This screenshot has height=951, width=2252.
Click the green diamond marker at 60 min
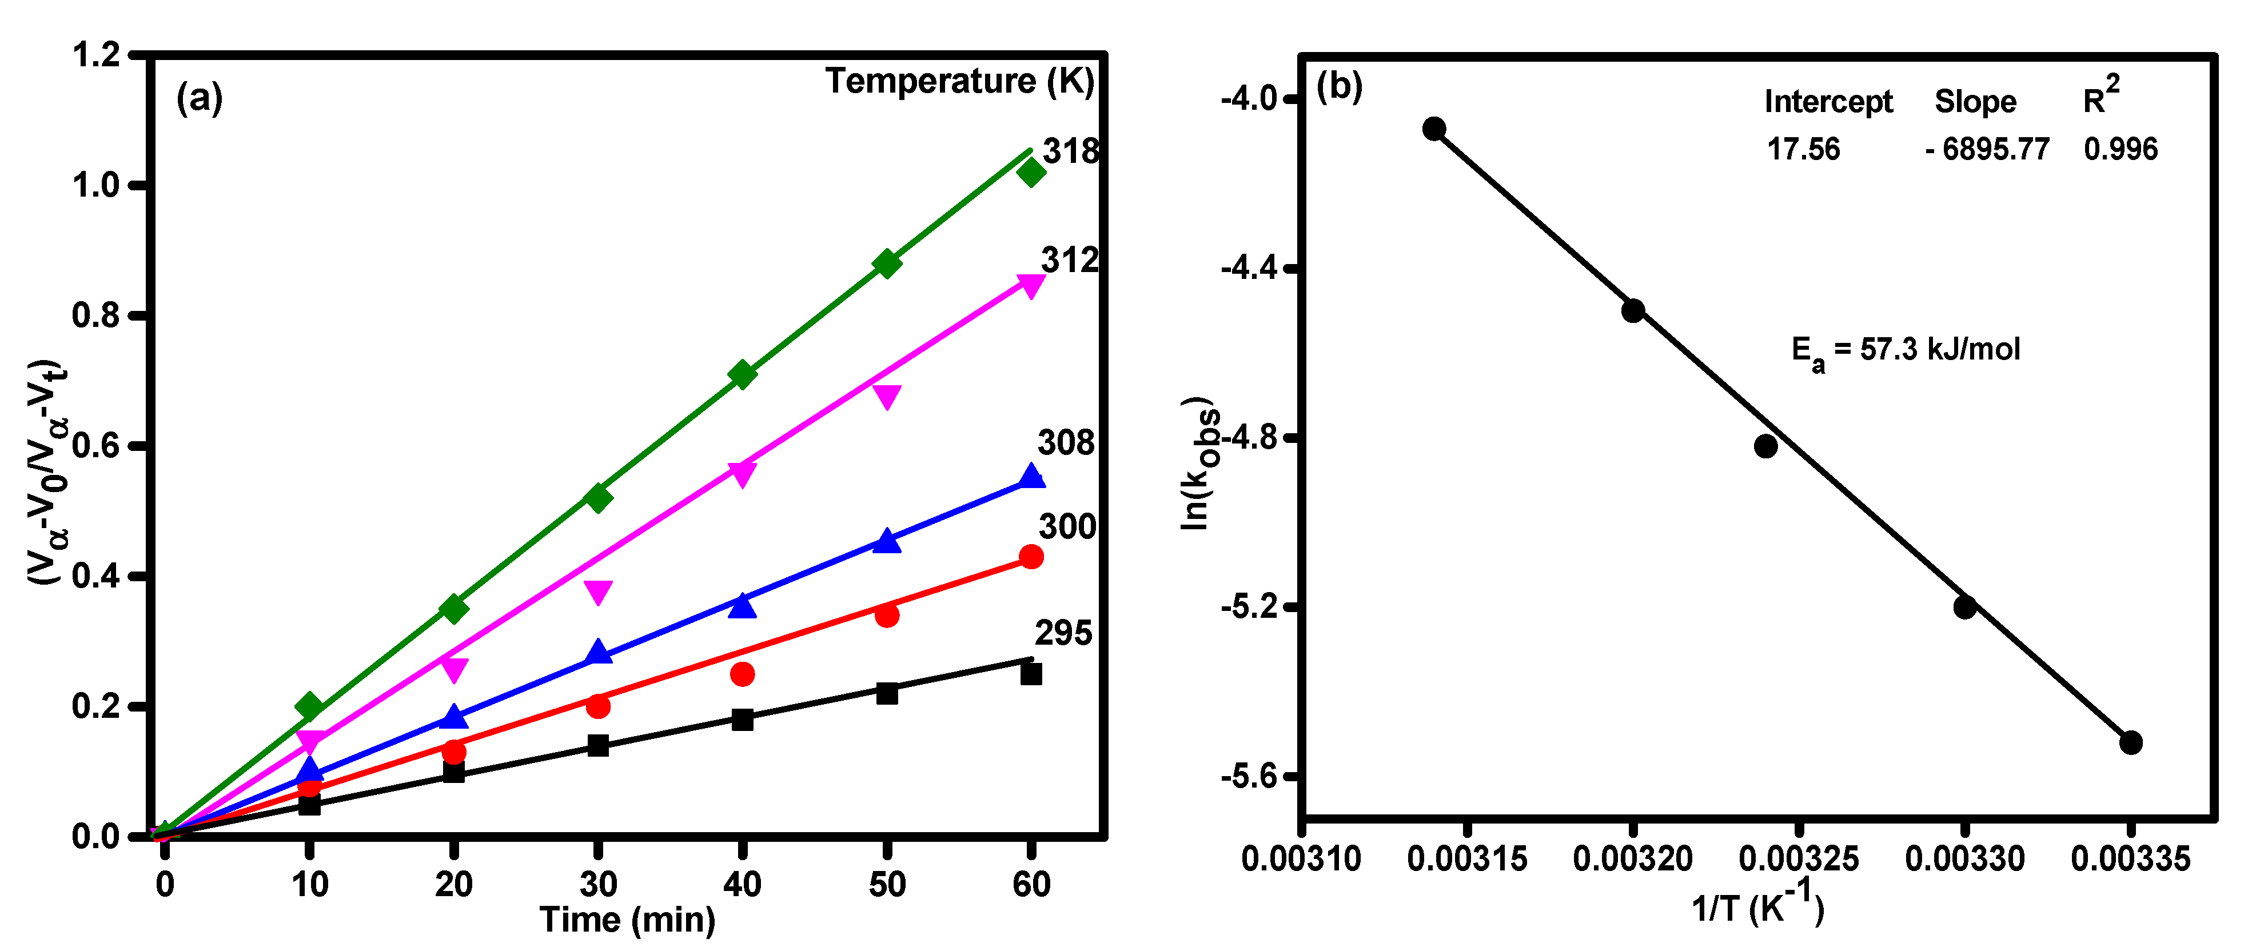[1031, 172]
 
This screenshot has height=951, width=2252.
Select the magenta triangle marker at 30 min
[598, 592]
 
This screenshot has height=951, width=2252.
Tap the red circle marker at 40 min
[742, 674]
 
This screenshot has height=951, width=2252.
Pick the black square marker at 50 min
[887, 693]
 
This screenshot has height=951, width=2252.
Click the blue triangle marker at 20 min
[453, 717]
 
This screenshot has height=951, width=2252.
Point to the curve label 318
[1070, 151]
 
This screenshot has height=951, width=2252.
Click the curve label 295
[1063, 633]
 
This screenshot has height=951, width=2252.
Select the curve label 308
[1066, 442]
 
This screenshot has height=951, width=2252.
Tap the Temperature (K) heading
[959, 81]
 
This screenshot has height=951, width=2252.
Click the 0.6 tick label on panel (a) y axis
[96, 446]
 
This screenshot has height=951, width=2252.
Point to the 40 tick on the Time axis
[742, 885]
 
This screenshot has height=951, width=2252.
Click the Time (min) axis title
[628, 920]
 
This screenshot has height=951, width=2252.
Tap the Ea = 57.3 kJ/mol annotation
[1906, 350]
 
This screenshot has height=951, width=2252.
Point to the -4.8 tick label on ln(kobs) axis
[1250, 438]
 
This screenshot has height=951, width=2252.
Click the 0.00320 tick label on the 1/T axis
[1632, 859]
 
